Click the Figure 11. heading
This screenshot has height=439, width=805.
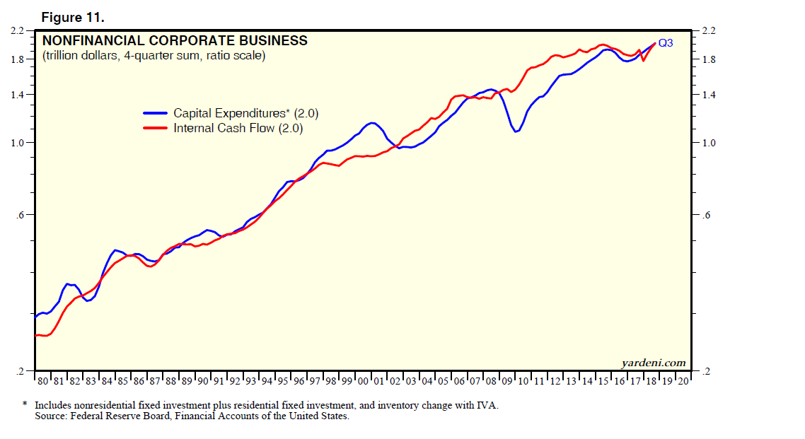pos(74,16)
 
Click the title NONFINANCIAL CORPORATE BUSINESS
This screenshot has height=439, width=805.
pos(175,41)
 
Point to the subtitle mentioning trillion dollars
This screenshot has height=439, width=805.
pos(154,55)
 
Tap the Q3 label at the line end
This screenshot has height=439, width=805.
pos(666,43)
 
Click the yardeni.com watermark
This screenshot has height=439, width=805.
pos(653,363)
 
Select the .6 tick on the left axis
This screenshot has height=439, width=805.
pos(22,215)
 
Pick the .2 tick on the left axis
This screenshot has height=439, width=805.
pos(22,371)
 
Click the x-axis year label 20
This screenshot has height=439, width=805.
pos(683,382)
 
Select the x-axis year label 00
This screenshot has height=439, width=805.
pos(364,382)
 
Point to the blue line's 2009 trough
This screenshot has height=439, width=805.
pos(517,131)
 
